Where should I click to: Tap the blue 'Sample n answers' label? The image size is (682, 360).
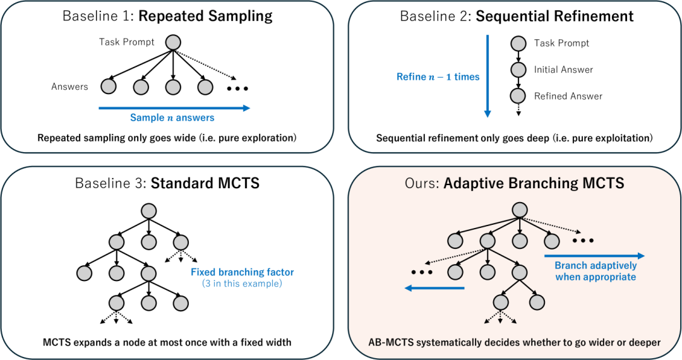pos(172,117)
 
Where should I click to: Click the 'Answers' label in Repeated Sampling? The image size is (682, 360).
pos(69,87)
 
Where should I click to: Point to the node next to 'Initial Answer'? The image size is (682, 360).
pos(518,69)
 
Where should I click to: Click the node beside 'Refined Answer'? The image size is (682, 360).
pos(518,96)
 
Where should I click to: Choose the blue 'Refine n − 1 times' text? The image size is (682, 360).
pos(438,76)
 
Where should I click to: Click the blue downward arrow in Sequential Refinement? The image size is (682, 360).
pos(487,76)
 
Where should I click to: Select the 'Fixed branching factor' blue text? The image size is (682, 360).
pos(242,272)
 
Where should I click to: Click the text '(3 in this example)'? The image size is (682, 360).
pos(242,284)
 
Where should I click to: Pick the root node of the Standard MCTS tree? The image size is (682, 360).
pos(148,210)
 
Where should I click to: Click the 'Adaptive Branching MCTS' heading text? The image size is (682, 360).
pos(534,184)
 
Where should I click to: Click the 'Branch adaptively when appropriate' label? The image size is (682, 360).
pos(595,271)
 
